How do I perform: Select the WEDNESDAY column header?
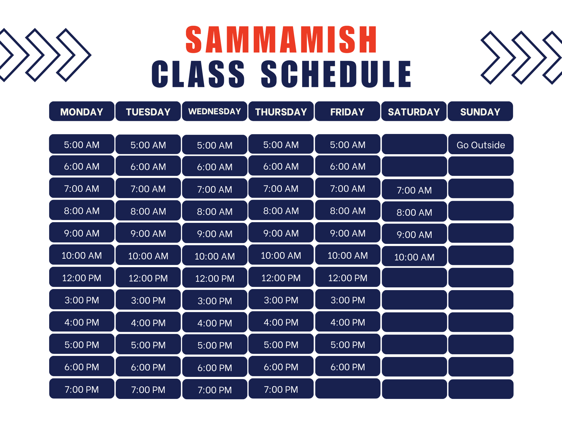pyautogui.click(x=215, y=111)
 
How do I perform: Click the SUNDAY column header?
pyautogui.click(x=480, y=111)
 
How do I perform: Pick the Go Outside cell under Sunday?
pyautogui.click(x=481, y=145)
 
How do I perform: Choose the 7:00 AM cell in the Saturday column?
pyautogui.click(x=414, y=190)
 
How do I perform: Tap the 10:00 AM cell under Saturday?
pyautogui.click(x=414, y=257)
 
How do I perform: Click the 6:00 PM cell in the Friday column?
pyautogui.click(x=347, y=367)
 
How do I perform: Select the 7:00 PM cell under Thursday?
pyautogui.click(x=281, y=389)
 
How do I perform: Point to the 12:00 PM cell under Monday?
pyautogui.click(x=81, y=277)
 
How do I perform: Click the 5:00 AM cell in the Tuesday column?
pyautogui.click(x=148, y=145)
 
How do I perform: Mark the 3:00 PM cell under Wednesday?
pyautogui.click(x=215, y=301)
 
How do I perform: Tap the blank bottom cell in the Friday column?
pyautogui.click(x=347, y=389)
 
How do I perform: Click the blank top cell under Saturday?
pyautogui.click(x=414, y=144)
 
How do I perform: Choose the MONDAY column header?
pyautogui.click(x=81, y=111)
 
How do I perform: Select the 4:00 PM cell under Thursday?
pyautogui.click(x=281, y=322)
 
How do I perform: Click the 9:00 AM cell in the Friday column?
pyautogui.click(x=347, y=233)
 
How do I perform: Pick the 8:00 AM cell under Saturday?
pyautogui.click(x=414, y=212)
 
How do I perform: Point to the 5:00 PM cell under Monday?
pyautogui.click(x=81, y=344)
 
